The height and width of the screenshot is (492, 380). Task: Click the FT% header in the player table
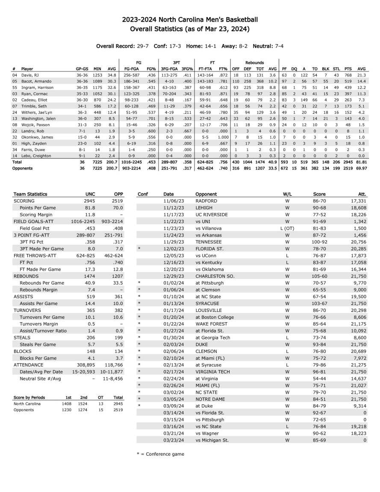click(223, 68)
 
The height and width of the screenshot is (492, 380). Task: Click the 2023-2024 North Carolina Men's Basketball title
click(190, 20)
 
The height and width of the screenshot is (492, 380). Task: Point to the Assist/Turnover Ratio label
click(43, 331)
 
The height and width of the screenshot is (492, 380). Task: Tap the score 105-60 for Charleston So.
click(319, 276)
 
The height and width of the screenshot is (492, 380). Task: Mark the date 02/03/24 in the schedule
click(174, 344)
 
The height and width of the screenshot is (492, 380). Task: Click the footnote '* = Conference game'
click(160, 454)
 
